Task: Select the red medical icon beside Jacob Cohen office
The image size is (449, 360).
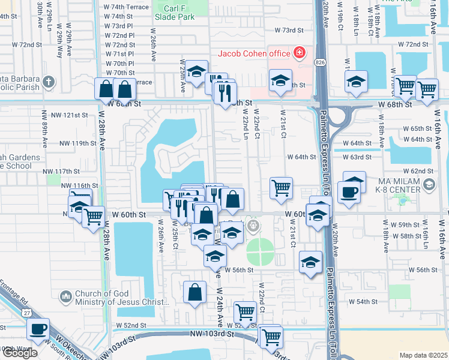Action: click(x=298, y=53)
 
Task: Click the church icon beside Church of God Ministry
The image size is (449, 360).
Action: click(x=65, y=296)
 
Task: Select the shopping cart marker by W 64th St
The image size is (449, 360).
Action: click(x=281, y=188)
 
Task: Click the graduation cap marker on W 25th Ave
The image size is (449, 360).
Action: click(x=196, y=72)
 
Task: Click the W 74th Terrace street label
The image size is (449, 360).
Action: click(x=126, y=6)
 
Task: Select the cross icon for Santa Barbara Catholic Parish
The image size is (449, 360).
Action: click(x=49, y=81)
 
